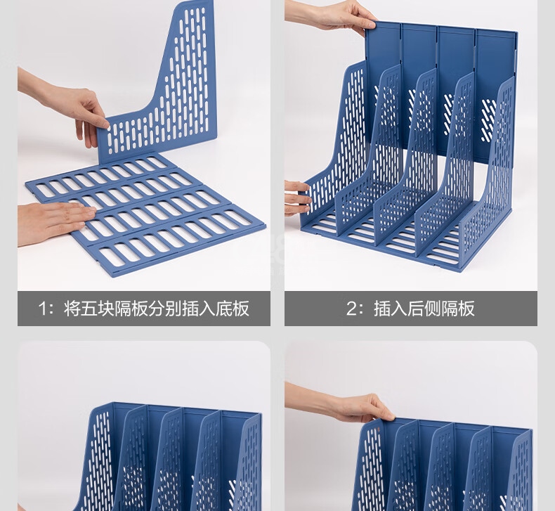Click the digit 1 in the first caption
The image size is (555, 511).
pos(42,309)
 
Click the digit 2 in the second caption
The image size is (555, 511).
pos(352,309)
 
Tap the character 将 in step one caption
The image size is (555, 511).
pos(72,308)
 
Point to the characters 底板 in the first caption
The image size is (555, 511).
pos(233,308)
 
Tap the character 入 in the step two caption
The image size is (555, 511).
pos(398,308)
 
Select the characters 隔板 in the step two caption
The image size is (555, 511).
pos(458,308)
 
